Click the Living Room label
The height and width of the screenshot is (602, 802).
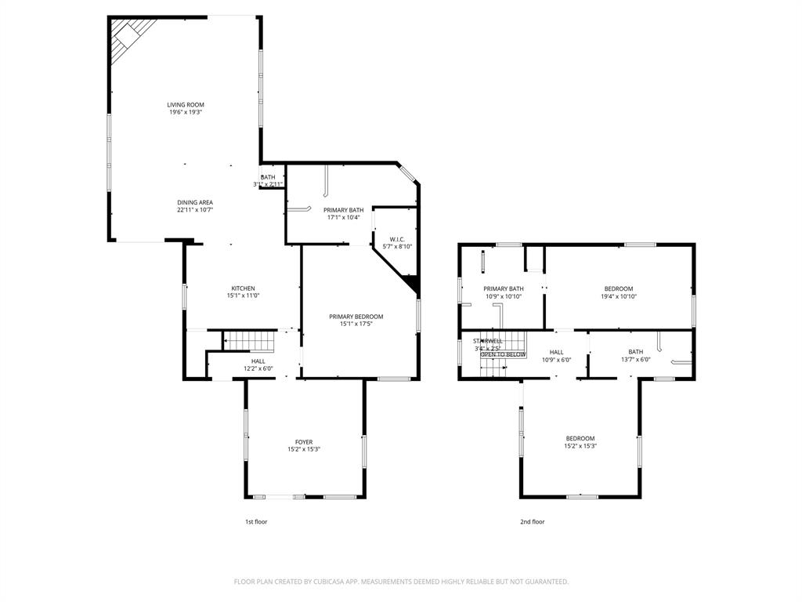[x=186, y=104]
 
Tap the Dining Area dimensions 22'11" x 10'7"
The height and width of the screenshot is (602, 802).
[x=195, y=210]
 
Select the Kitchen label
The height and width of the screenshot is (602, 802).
[x=243, y=288]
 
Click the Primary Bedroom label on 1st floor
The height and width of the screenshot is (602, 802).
[x=356, y=316]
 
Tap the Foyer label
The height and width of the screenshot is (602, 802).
[x=304, y=442]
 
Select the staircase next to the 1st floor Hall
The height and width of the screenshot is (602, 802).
[x=251, y=342]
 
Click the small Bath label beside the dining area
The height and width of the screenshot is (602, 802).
[x=268, y=177]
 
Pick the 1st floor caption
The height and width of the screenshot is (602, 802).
[x=256, y=521]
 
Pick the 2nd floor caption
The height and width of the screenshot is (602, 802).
[x=532, y=521]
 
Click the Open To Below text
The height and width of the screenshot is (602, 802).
[x=503, y=354]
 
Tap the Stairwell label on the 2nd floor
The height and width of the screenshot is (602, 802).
[x=488, y=341]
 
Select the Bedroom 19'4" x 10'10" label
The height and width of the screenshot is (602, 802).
[x=619, y=288]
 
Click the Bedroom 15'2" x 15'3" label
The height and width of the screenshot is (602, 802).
[x=580, y=438]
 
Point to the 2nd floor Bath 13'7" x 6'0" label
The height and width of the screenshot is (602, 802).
[x=635, y=352]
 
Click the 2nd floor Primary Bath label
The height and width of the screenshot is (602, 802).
[x=504, y=288]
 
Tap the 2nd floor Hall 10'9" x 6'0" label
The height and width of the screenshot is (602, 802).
[x=557, y=352]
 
